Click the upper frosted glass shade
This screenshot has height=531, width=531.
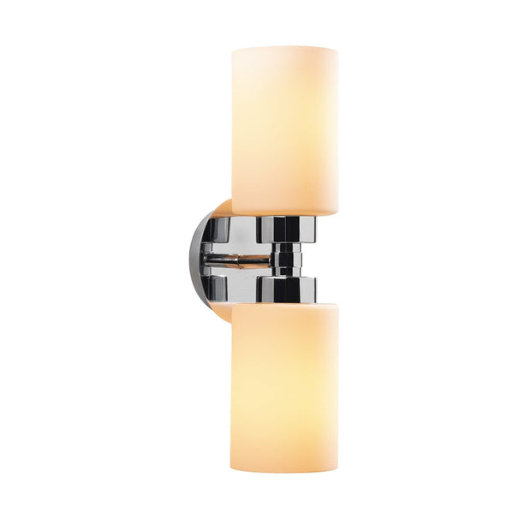pyautogui.click(x=284, y=128)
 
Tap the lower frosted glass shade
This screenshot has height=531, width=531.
pyautogui.click(x=283, y=385)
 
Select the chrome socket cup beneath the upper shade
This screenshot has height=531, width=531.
pyautogui.click(x=285, y=228)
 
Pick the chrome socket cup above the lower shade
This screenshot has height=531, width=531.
pyautogui.click(x=285, y=289)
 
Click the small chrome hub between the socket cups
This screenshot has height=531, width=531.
pyautogui.click(x=285, y=258)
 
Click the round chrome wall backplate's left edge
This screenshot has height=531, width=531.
pyautogui.click(x=194, y=258)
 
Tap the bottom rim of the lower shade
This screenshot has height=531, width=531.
pyautogui.click(x=283, y=469)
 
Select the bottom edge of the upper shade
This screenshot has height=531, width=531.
pyautogui.click(x=284, y=214)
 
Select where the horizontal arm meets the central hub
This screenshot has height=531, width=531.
pyautogui.click(x=272, y=258)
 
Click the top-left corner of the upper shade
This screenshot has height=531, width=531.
pyautogui.click(x=234, y=51)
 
